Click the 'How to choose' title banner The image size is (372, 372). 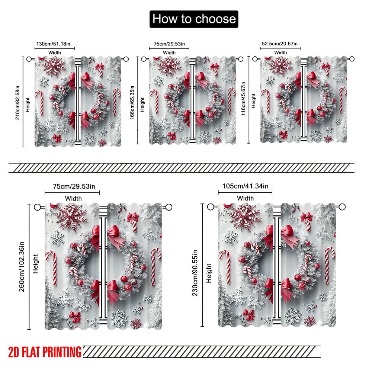[x=194, y=19]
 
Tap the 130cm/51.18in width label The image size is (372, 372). [x=53, y=44]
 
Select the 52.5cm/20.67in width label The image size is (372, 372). [x=279, y=44]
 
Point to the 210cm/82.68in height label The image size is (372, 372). [x=17, y=103]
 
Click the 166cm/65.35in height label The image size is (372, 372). [x=132, y=103]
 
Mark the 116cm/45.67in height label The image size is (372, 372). [x=243, y=99]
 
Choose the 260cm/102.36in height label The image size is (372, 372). [x=22, y=267]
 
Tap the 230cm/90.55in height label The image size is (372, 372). [x=195, y=273]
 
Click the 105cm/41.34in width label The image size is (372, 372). [x=245, y=186]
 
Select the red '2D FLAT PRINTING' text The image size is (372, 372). [x=45, y=352]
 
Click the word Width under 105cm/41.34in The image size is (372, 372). [x=245, y=198]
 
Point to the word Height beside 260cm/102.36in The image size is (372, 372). [x=35, y=264]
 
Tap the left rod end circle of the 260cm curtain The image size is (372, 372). [x=37, y=207]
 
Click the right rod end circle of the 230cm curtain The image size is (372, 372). [x=342, y=207]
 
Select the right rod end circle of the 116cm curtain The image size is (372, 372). [x=352, y=59]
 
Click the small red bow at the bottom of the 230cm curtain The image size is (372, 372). [x=249, y=315]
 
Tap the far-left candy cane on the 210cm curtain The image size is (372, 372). [x=40, y=103]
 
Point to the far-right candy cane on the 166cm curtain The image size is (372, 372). [x=231, y=100]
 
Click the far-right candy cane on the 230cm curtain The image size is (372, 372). [x=329, y=265]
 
